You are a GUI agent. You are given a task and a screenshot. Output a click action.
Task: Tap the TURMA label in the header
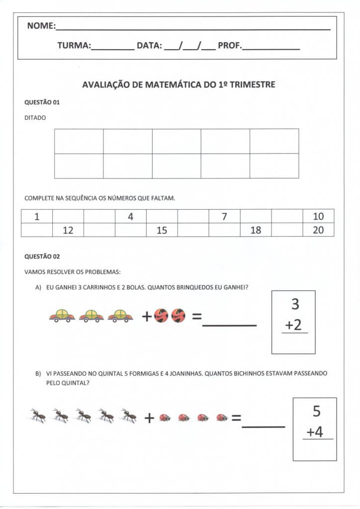point(74,46)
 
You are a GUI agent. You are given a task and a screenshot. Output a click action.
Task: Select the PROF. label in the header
point(230,46)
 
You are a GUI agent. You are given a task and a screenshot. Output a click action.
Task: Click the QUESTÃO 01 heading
point(42,102)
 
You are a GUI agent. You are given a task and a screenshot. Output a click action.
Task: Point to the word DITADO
point(35,118)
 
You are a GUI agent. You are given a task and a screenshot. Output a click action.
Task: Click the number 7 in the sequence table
point(224,216)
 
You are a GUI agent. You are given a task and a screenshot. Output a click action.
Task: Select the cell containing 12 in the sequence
point(68,230)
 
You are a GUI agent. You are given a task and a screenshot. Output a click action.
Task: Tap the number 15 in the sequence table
point(162,230)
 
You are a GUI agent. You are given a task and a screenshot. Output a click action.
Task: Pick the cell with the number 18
point(256,230)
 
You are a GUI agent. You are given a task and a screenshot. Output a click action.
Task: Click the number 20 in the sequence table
point(318,230)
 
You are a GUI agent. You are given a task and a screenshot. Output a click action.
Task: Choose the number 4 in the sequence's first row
point(130,216)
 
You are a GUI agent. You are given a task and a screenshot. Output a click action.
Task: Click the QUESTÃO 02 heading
point(42,257)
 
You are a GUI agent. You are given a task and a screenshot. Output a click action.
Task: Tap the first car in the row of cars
point(62,316)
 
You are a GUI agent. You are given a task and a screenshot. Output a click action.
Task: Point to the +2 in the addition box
point(293,325)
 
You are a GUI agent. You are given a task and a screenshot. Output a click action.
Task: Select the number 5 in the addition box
point(316,412)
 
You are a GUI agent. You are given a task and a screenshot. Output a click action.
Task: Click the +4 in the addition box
point(314,432)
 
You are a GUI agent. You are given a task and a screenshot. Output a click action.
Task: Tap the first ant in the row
point(38,416)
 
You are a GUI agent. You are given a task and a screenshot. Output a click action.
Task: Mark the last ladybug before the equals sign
point(222,418)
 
